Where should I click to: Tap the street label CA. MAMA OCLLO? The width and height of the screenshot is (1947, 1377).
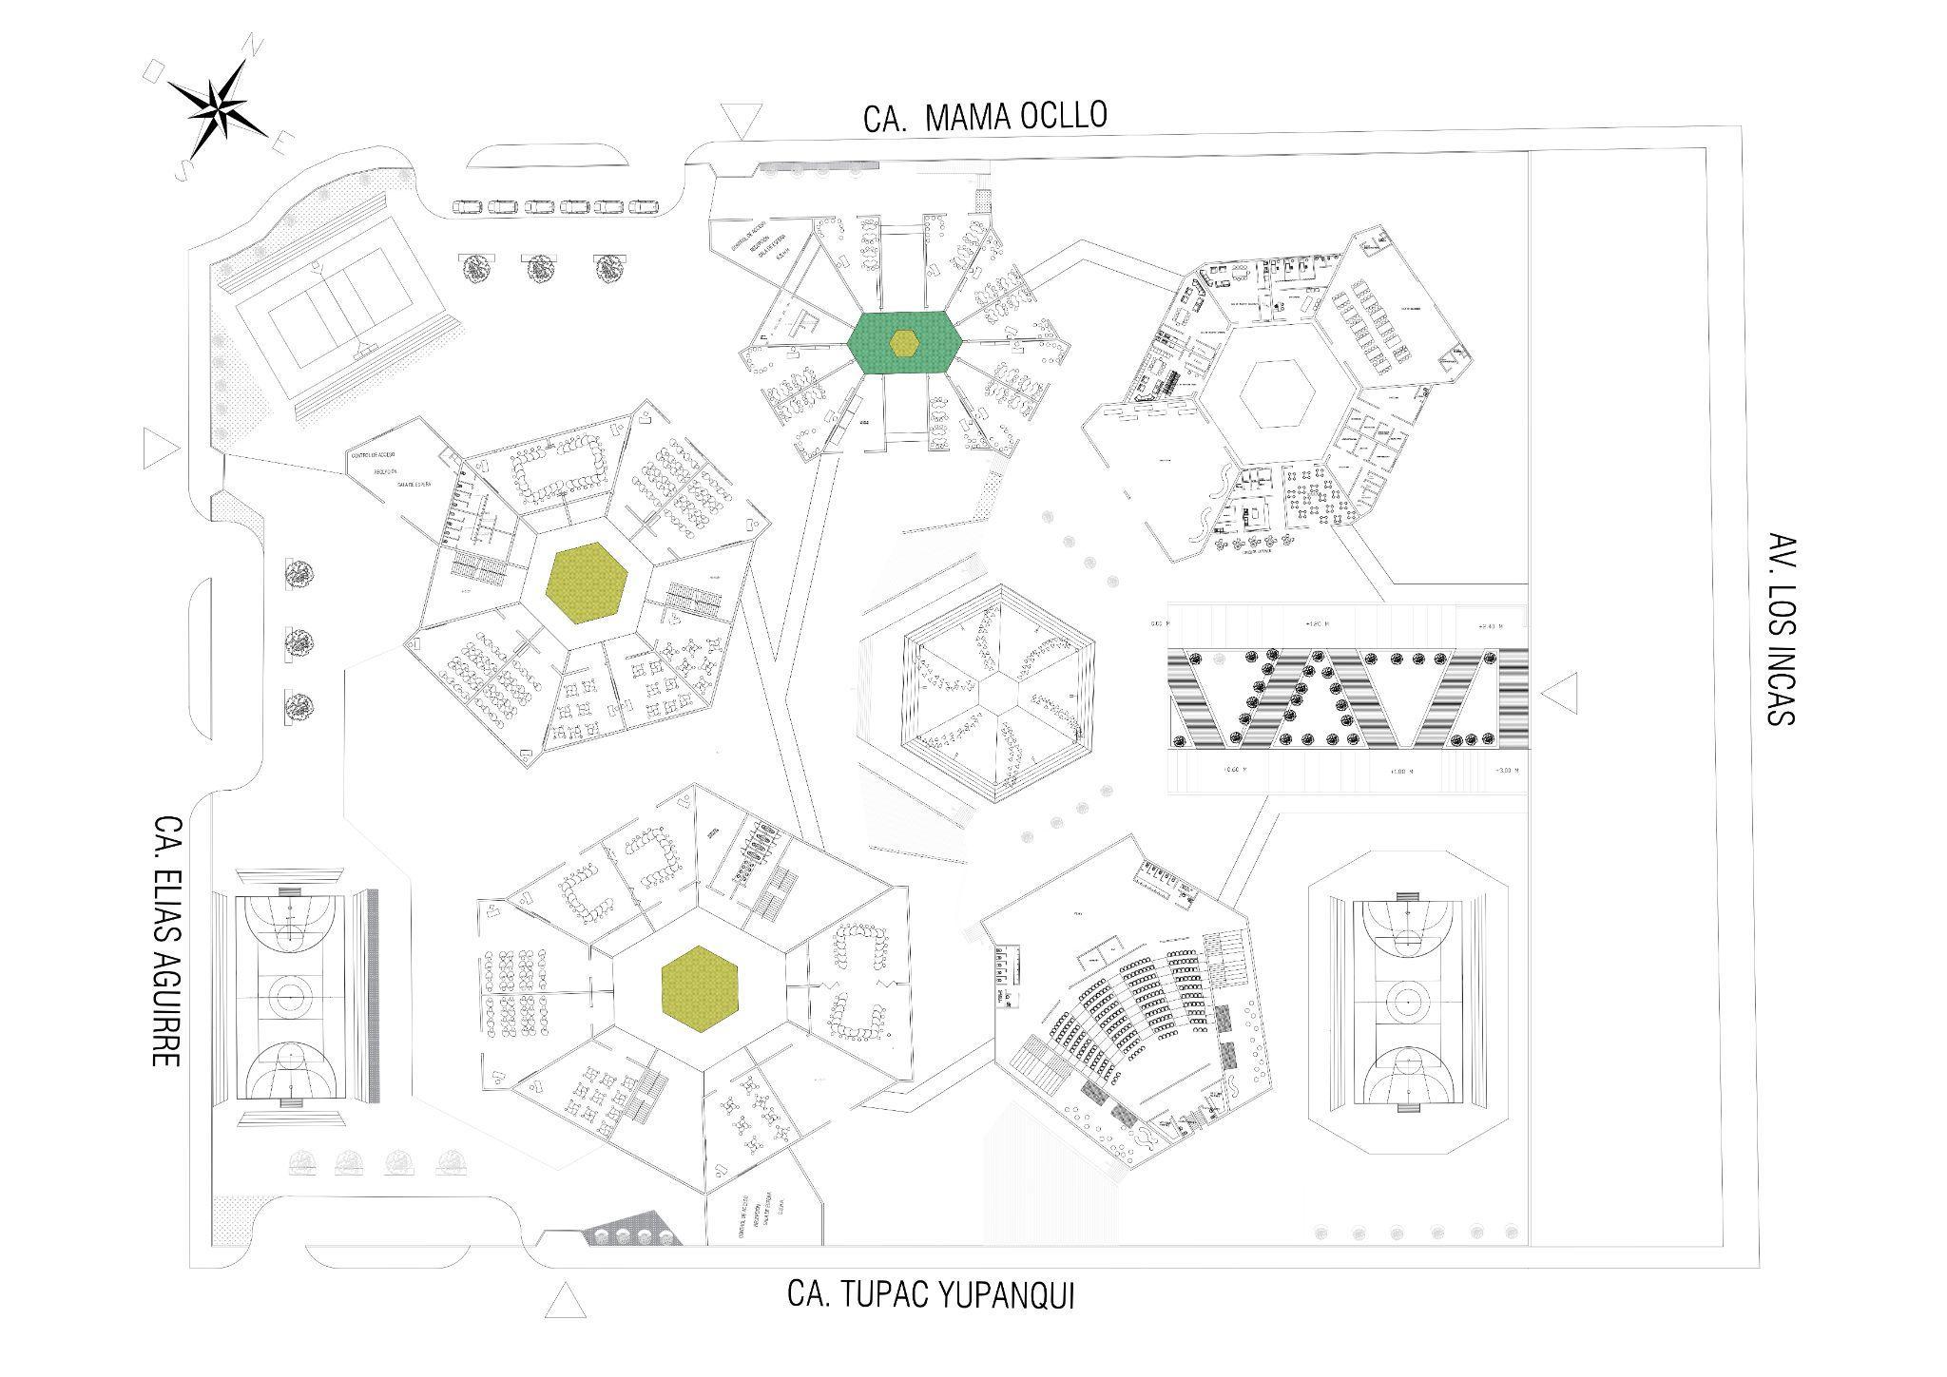tap(985, 116)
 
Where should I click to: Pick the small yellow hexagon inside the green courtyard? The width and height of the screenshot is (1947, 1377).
tap(904, 341)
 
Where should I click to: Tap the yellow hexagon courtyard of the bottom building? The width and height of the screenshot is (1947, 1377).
tap(701, 986)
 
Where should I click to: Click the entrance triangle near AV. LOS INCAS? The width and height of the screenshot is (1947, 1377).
tap(1558, 696)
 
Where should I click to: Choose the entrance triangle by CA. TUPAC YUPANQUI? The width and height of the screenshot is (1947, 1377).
tap(566, 1300)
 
